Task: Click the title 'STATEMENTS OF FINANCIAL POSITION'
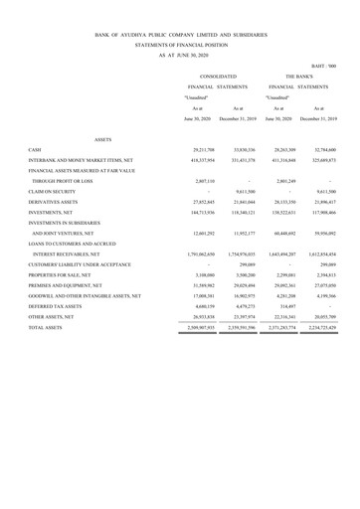coord(180,45)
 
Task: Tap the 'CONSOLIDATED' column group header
coord(217,75)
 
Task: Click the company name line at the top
coord(180,33)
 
